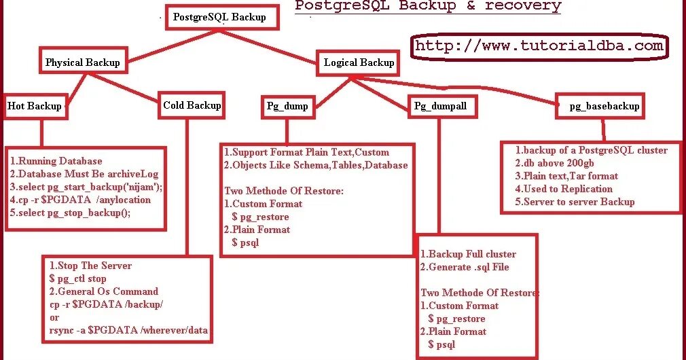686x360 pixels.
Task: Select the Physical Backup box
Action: [82, 62]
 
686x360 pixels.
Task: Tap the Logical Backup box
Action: [359, 62]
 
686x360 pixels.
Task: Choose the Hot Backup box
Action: [34, 105]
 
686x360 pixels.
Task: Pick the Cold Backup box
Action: [192, 105]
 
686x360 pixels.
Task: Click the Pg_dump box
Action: [287, 105]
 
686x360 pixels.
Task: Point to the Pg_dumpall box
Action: [441, 105]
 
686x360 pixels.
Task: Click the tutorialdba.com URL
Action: [539, 46]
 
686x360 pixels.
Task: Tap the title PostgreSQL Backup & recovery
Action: [428, 7]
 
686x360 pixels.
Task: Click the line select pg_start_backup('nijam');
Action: [86, 187]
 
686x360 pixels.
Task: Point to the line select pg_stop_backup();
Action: [70, 213]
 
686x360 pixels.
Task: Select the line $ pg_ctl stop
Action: [78, 278]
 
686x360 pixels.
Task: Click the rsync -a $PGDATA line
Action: [128, 330]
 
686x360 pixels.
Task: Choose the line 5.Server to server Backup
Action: [575, 202]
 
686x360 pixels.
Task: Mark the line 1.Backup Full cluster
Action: [468, 254]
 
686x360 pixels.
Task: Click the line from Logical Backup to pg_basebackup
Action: [475, 87]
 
